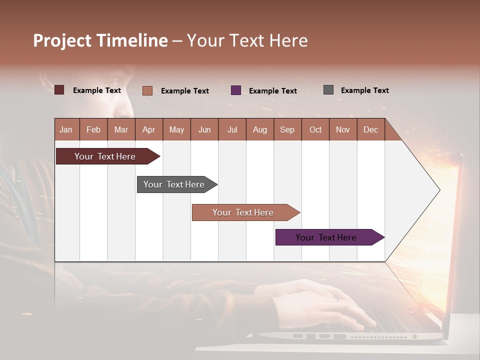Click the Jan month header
[x=66, y=129]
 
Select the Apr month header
[x=148, y=129]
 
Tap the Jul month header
[x=232, y=129]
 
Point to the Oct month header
[x=315, y=129]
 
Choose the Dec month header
[x=370, y=129]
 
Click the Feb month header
[x=93, y=129]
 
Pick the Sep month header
[x=287, y=129]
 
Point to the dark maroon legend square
[x=59, y=90]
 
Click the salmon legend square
[x=147, y=90]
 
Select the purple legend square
[x=236, y=90]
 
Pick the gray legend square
[x=328, y=90]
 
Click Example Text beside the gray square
[x=364, y=90]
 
